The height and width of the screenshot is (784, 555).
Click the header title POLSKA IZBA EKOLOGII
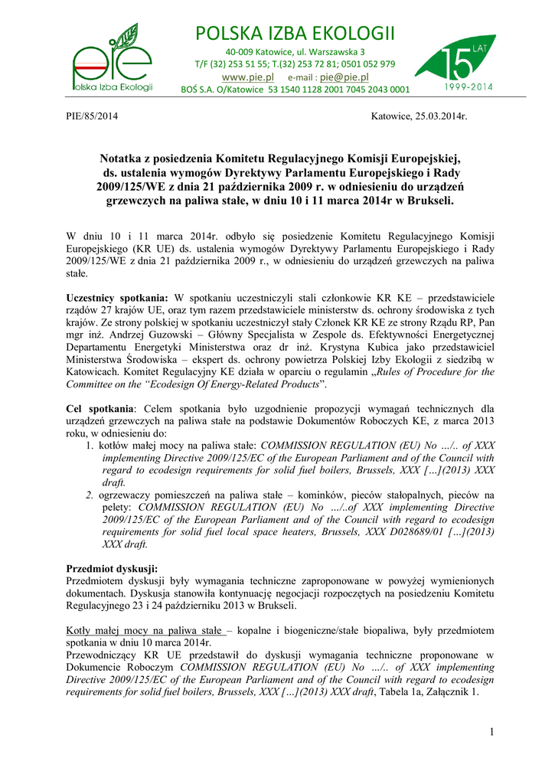click(295, 34)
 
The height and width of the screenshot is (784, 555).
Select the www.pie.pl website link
click(247, 77)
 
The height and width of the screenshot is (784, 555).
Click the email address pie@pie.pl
click(344, 77)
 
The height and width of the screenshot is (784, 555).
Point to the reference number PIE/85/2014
click(93, 116)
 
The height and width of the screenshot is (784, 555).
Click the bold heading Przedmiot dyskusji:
click(112, 569)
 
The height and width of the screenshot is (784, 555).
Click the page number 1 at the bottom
click(491, 733)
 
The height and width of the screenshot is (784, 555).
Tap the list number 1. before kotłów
click(90, 446)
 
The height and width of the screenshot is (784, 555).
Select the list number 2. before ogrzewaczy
click(90, 495)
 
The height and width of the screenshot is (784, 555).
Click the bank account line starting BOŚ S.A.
click(295, 90)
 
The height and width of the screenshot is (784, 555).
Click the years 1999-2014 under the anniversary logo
click(468, 87)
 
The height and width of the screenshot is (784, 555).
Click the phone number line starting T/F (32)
click(295, 64)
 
